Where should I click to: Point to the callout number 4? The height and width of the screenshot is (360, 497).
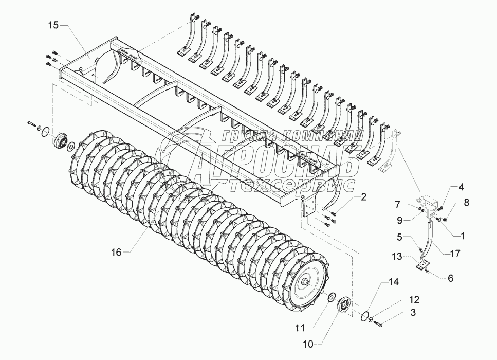(446, 187)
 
